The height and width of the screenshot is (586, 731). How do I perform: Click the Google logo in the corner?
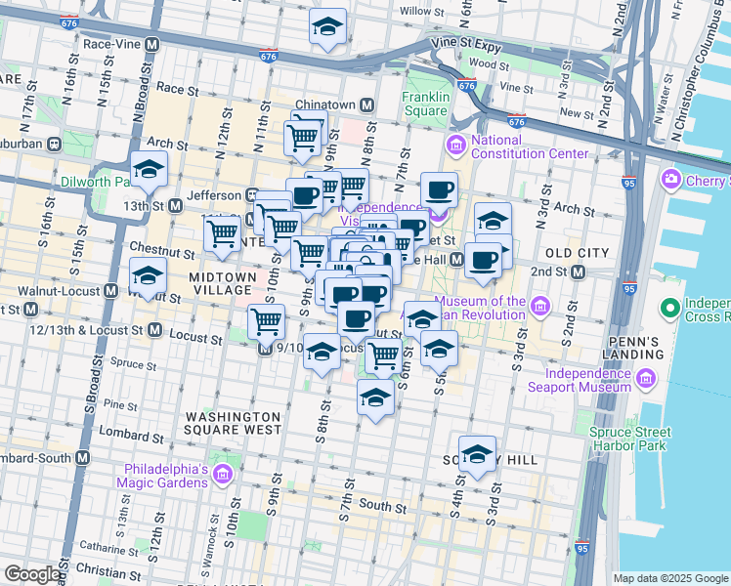click(x=31, y=574)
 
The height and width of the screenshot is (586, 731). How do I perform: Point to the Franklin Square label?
click(x=425, y=104)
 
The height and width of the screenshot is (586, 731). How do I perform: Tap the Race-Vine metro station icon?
click(x=151, y=45)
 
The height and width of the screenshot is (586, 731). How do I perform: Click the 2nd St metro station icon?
click(x=578, y=272)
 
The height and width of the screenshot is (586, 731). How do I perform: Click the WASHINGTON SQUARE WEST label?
click(x=235, y=423)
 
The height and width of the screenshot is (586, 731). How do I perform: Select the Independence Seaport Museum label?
click(x=588, y=380)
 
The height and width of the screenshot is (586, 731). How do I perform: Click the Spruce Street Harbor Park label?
click(x=630, y=439)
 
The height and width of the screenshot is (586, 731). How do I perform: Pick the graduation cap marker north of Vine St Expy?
click(x=327, y=28)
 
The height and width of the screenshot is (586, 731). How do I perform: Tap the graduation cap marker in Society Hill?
click(x=477, y=454)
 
